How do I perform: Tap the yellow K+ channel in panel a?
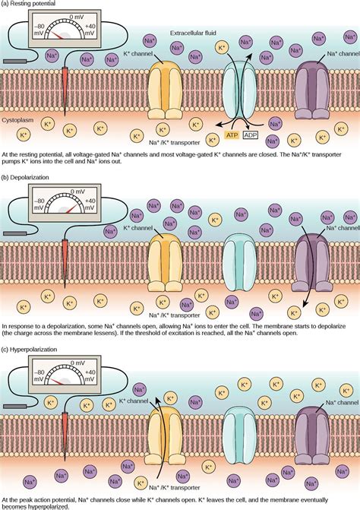tap(164, 87)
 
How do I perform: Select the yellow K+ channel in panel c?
tap(164, 436)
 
